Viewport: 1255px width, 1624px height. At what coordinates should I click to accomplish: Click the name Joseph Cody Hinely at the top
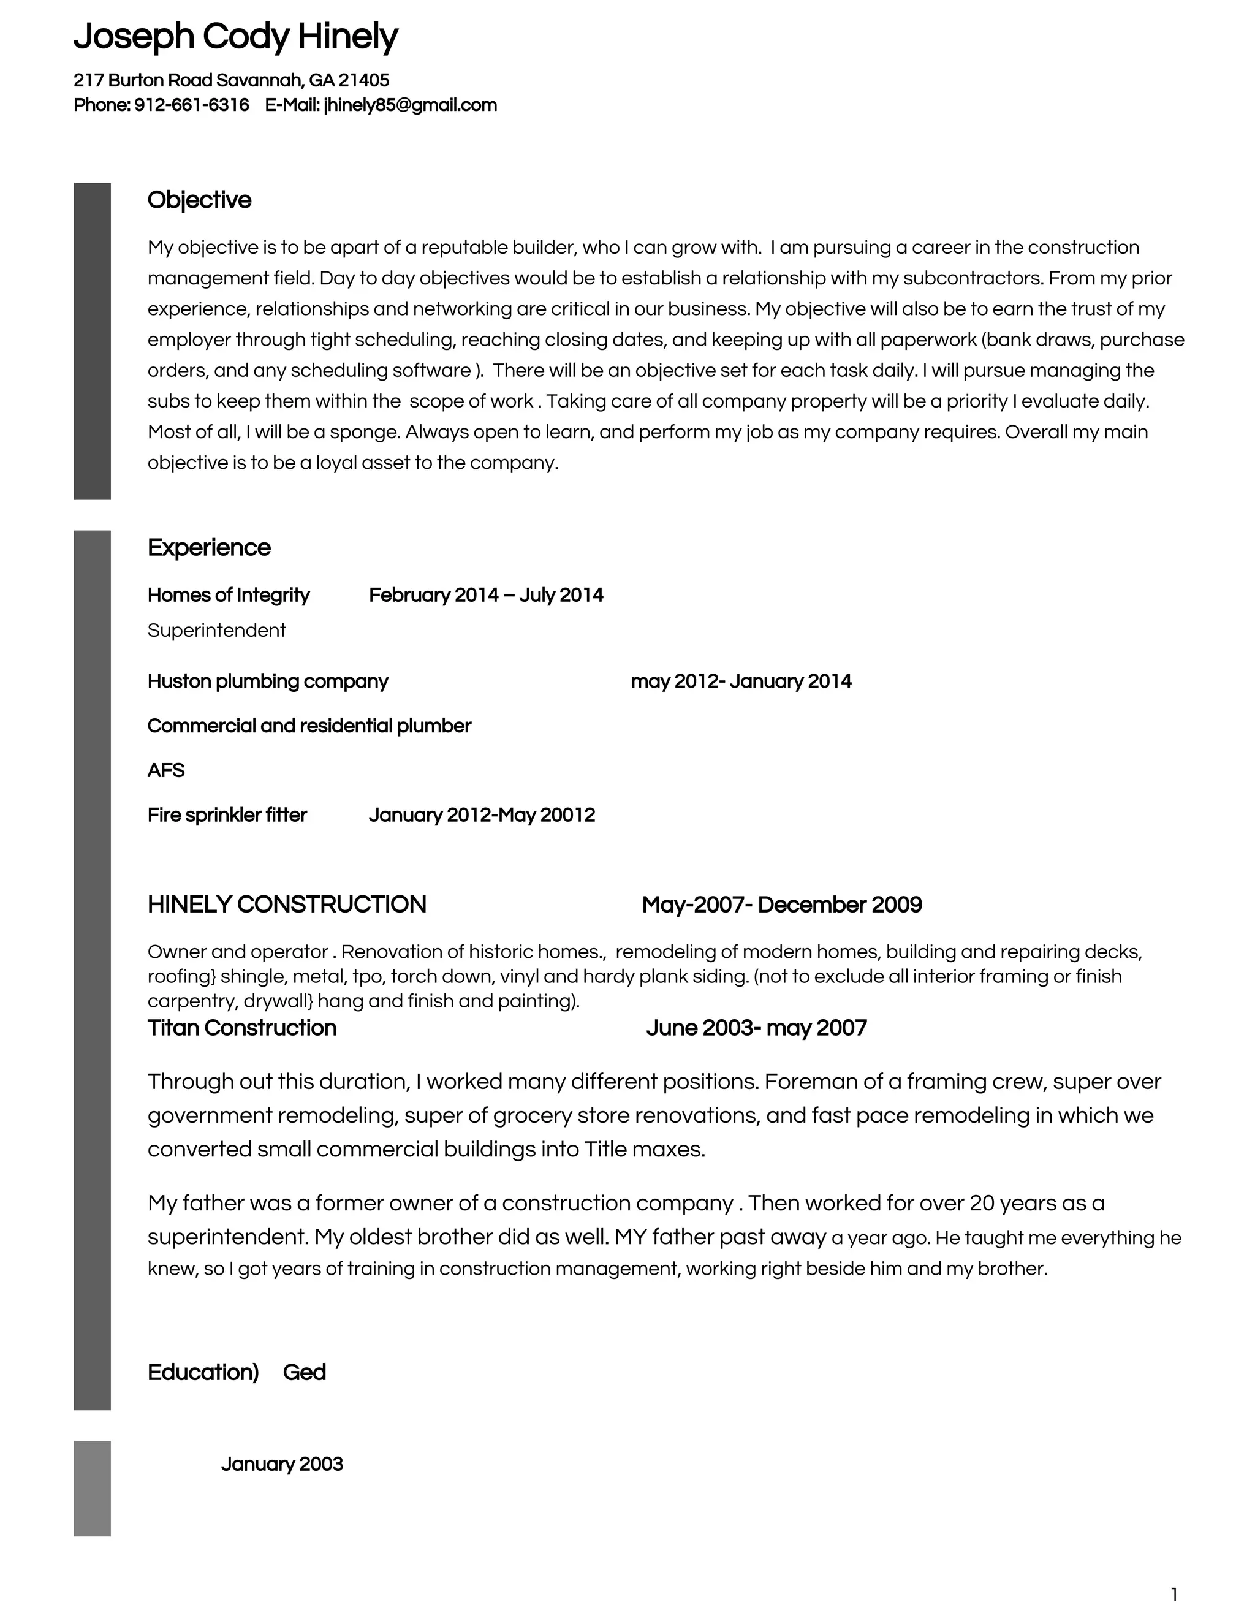click(x=236, y=36)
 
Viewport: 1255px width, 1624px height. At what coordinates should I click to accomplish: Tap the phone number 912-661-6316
click(x=191, y=105)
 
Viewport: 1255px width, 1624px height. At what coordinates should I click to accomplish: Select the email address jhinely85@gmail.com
click(x=410, y=105)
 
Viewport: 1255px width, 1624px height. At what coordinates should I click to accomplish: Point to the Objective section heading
click(x=199, y=200)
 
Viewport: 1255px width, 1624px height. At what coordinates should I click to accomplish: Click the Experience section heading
click(x=208, y=547)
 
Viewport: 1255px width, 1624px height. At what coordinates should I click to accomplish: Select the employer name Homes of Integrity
click(x=228, y=595)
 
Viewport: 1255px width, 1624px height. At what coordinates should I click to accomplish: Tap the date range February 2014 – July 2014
click(x=485, y=595)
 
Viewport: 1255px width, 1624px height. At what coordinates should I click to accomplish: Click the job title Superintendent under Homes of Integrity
click(x=216, y=631)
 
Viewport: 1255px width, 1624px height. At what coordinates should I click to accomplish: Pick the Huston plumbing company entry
click(x=268, y=681)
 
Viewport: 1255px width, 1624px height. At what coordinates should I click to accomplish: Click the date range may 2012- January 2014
click(x=740, y=681)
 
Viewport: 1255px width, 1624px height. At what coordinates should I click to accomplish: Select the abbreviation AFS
click(x=166, y=770)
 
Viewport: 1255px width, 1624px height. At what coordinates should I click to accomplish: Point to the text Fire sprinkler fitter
click(x=227, y=815)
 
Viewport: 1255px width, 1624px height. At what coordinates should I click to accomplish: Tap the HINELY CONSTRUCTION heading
click(x=286, y=904)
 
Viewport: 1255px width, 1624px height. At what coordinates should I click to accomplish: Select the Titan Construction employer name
click(x=241, y=1028)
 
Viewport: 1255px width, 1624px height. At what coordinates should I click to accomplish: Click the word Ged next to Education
click(x=304, y=1372)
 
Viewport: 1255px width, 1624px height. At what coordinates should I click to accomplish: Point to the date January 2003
click(x=282, y=1463)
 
